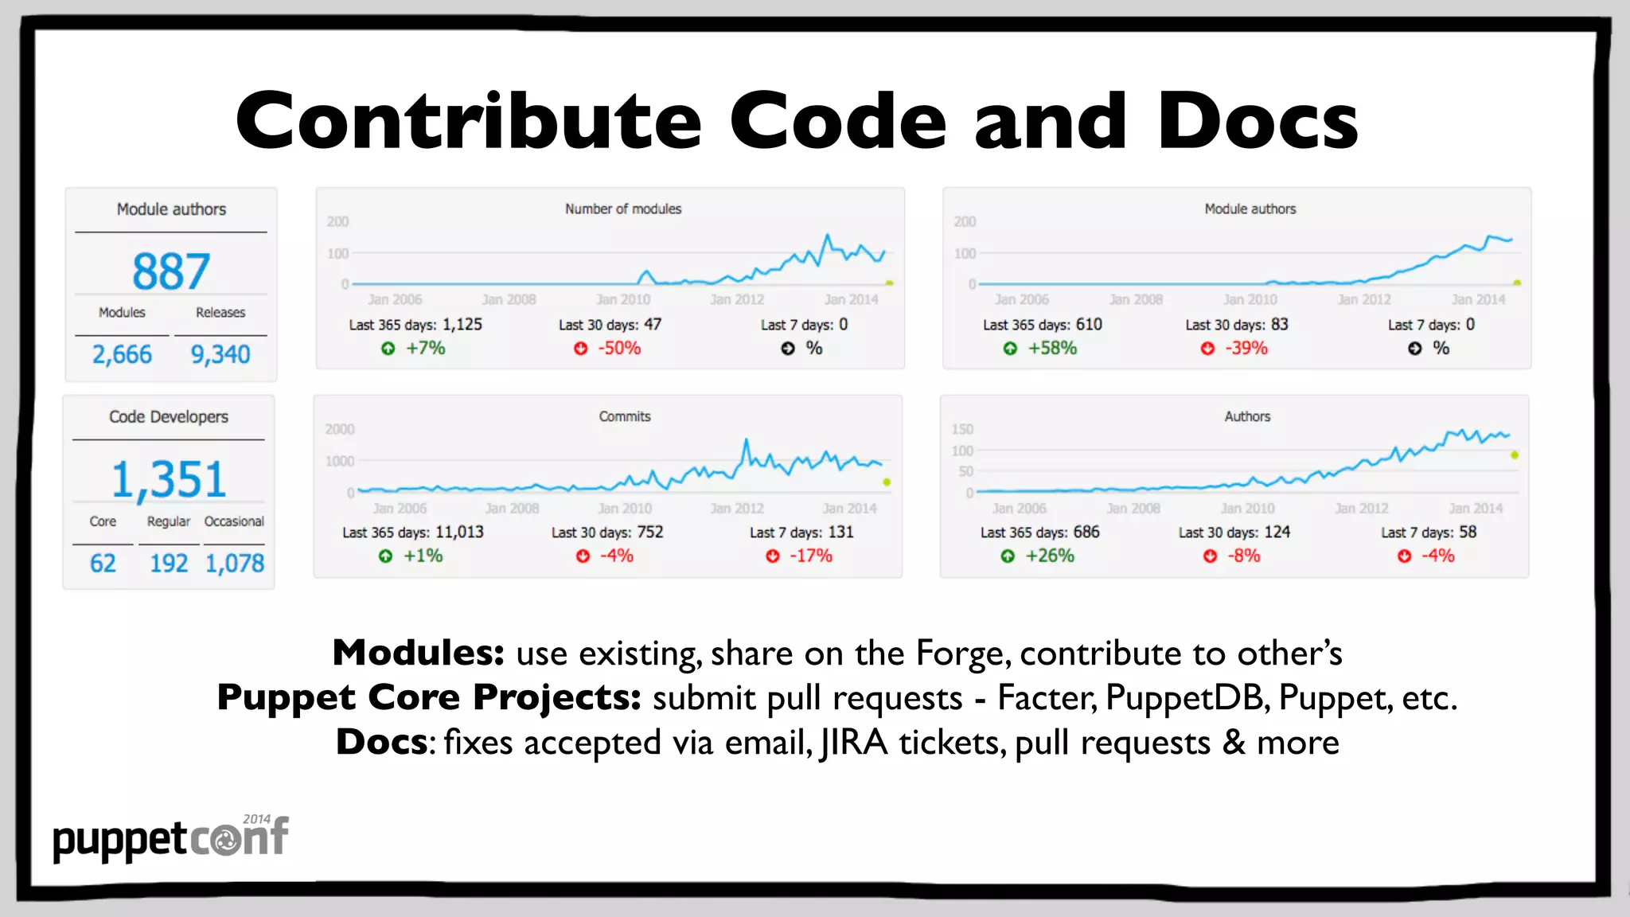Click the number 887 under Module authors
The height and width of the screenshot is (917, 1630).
point(171,271)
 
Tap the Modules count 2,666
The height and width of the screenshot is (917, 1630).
point(122,354)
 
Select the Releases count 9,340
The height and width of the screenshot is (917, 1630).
point(220,354)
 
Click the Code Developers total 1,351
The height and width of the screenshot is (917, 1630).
point(169,480)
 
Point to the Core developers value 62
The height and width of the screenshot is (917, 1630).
point(103,564)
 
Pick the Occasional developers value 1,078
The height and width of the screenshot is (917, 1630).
point(235,564)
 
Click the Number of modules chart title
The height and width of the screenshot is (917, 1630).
point(623,209)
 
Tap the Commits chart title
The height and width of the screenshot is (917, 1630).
point(625,416)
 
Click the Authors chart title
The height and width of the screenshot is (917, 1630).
point(1247,416)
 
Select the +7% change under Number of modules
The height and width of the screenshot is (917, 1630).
point(426,348)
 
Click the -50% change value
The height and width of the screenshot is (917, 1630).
point(619,348)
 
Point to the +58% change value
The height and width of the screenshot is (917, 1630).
point(1052,348)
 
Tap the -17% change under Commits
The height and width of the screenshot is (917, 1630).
point(811,556)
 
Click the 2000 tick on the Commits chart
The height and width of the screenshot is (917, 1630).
point(340,429)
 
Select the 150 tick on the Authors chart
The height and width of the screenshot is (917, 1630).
point(962,429)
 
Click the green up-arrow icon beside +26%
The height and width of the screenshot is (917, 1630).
point(1008,556)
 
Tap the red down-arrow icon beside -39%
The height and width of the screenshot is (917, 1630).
point(1207,349)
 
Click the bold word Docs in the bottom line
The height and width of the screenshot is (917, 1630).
point(382,742)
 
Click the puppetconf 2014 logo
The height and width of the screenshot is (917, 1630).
point(170,838)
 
